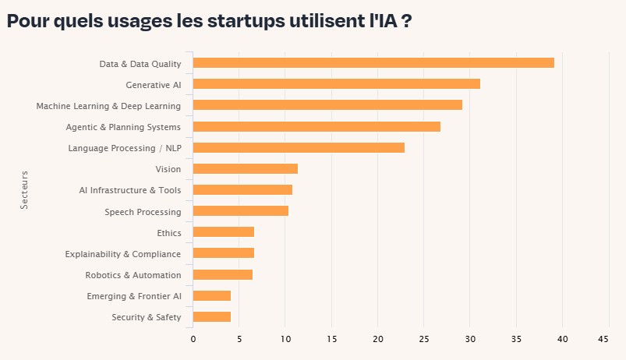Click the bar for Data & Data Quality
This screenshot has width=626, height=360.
373,62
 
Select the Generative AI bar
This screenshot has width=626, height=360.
336,83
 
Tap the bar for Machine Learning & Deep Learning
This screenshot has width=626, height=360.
327,104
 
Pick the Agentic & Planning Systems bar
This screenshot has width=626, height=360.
317,126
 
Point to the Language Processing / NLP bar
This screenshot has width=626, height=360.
299,147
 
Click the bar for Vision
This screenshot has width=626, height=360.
245,168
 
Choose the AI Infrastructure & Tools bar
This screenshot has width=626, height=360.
242,189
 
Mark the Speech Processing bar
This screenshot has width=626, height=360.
240,210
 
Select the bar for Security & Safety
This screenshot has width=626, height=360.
211,316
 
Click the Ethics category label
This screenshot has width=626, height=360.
168,233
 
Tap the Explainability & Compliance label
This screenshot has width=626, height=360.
122,254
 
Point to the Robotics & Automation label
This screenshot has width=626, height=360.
133,275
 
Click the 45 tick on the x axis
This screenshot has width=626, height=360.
603,339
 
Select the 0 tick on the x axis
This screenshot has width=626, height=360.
193,339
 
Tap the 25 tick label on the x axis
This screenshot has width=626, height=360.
423,339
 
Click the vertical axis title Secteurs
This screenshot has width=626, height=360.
24,189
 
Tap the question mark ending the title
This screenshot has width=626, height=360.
406,21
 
